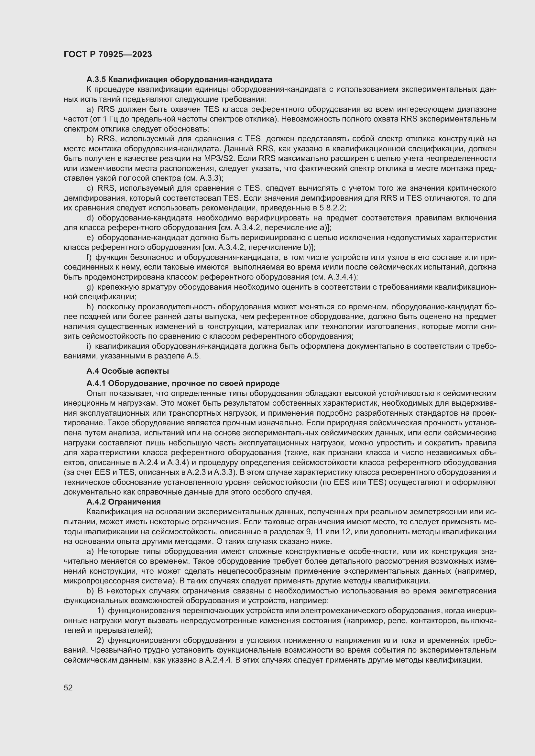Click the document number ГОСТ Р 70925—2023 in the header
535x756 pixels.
point(108,55)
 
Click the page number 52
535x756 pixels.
point(68,688)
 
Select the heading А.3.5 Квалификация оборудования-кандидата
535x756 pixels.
point(179,80)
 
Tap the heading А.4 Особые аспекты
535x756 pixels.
point(127,371)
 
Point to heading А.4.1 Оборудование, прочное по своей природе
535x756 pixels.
point(183,383)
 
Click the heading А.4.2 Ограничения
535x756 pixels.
point(124,502)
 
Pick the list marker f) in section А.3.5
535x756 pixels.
point(89,257)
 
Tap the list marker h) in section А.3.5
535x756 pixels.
point(90,306)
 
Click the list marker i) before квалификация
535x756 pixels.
point(89,346)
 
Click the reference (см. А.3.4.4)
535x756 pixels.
point(334,277)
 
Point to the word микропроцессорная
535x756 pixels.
point(94,581)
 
